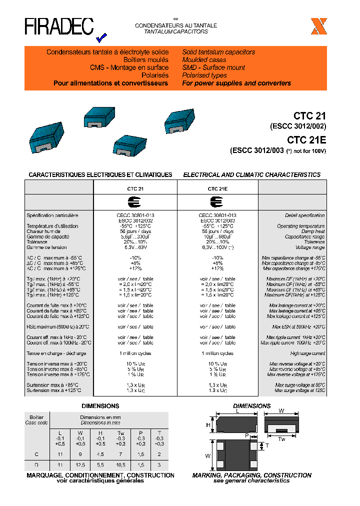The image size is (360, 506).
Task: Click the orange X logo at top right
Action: click(x=318, y=26)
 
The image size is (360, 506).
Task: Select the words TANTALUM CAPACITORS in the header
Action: click(x=176, y=31)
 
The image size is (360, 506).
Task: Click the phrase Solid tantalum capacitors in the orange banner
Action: click(x=218, y=52)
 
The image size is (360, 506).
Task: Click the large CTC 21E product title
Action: click(x=306, y=140)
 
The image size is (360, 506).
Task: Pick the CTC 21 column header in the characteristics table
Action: click(x=135, y=189)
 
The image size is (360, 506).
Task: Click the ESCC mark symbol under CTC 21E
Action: click(x=217, y=202)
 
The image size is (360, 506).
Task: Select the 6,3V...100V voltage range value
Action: click(x=217, y=247)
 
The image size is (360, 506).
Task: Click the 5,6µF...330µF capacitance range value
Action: click(x=135, y=237)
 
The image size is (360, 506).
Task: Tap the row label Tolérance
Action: click(x=37, y=242)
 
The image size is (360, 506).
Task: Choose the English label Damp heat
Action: click(x=313, y=231)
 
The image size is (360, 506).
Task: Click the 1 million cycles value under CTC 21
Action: click(x=135, y=353)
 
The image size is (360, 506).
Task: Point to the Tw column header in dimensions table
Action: click(x=120, y=432)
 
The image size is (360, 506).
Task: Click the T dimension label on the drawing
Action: click(x=266, y=445)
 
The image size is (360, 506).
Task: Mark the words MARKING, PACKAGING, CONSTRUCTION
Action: click(x=252, y=475)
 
